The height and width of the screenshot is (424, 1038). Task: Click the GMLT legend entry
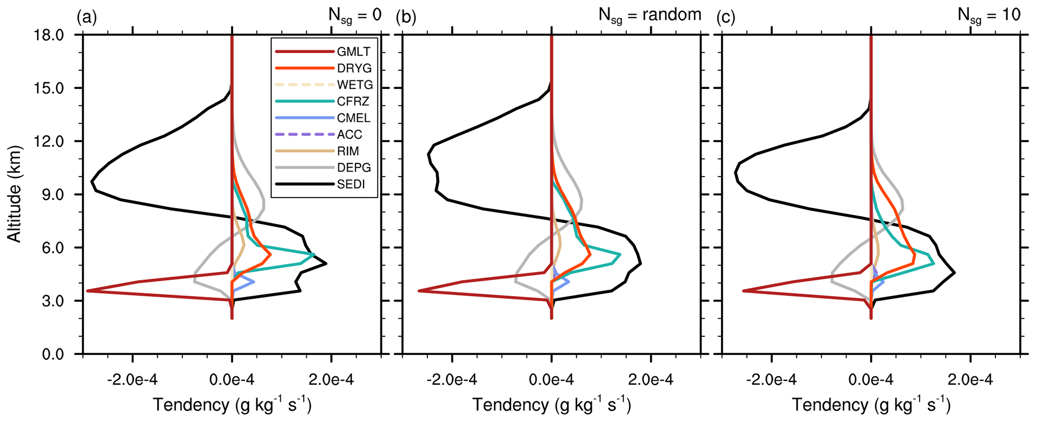point(354,52)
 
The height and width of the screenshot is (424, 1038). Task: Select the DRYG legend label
point(355,68)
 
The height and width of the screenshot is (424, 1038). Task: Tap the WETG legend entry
point(355,85)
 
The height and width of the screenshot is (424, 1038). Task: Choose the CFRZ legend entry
point(353,101)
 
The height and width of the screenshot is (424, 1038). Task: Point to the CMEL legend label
point(354,118)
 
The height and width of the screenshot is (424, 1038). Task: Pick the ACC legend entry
point(350,134)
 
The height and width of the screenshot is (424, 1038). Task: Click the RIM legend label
point(348,151)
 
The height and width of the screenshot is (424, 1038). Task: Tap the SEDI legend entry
point(351,184)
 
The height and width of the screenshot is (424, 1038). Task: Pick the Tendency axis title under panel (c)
point(871,404)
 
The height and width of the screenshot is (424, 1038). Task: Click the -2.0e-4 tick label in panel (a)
point(132,380)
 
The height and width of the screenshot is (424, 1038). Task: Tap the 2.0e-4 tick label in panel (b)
point(651,380)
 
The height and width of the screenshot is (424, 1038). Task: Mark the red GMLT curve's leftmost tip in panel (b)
point(419,291)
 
